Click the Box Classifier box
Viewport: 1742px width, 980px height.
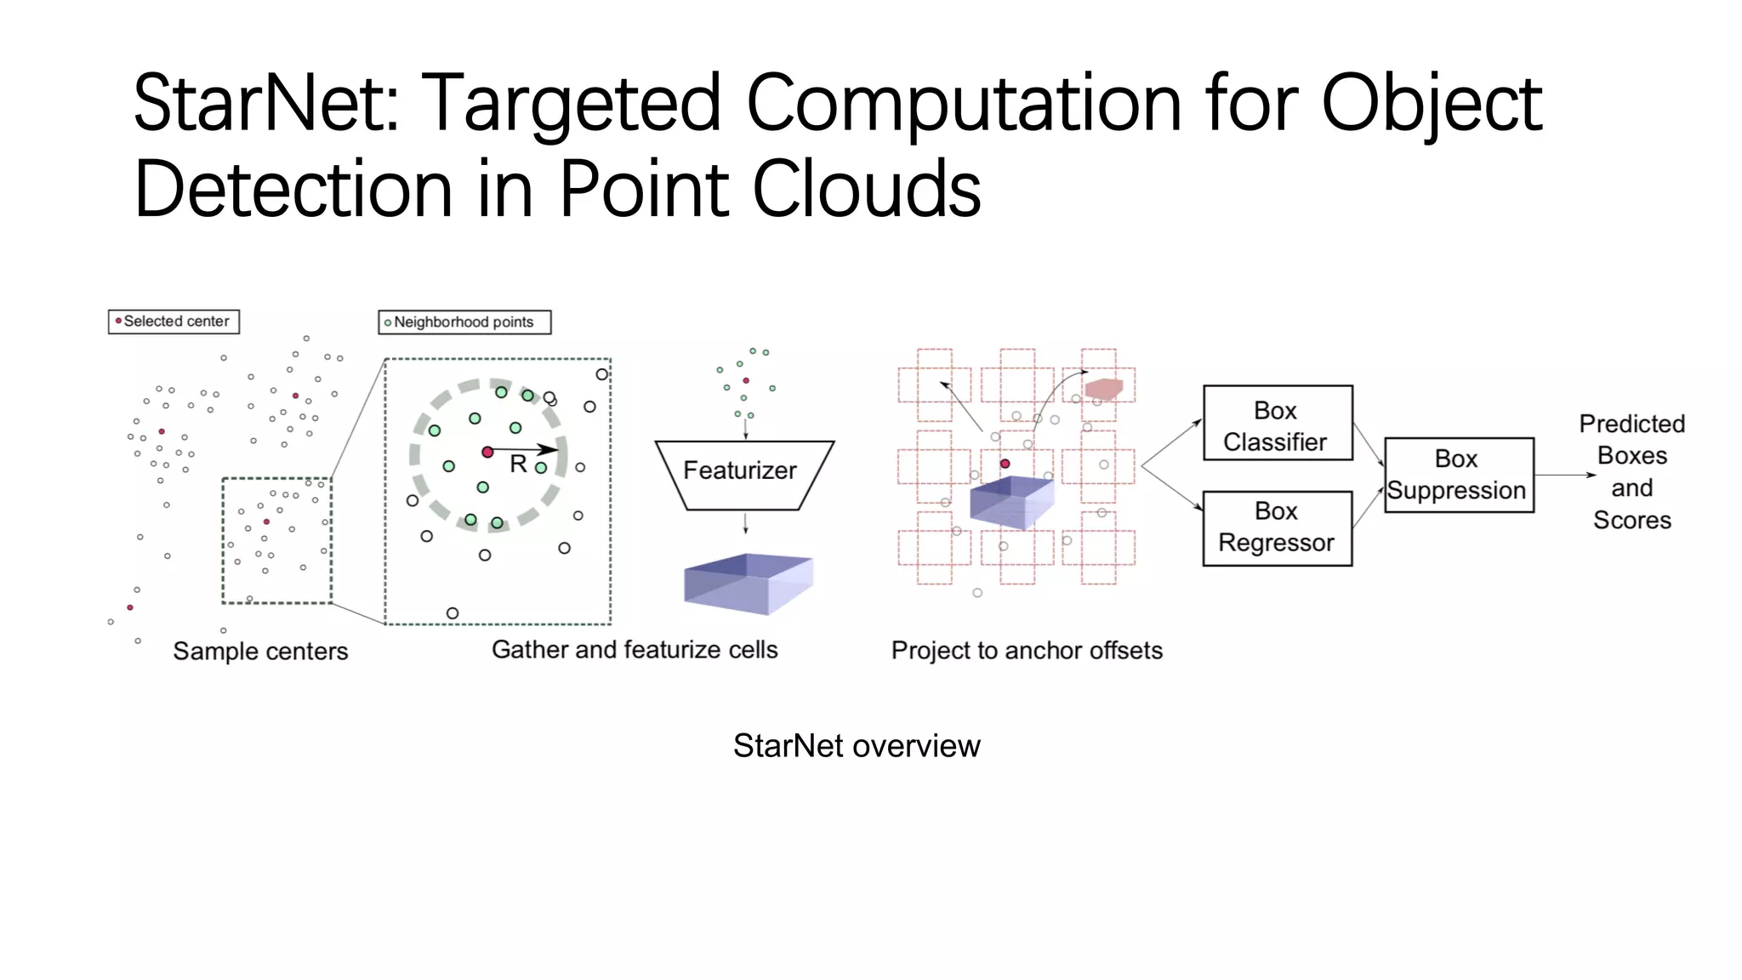(x=1277, y=424)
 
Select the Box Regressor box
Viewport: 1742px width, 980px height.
(x=1277, y=528)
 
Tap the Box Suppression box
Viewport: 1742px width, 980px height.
(x=1458, y=475)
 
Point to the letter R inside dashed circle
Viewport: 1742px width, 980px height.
(x=518, y=464)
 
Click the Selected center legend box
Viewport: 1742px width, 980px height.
(x=174, y=322)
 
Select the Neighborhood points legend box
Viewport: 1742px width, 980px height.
(x=464, y=322)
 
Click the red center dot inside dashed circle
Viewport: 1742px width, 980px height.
(x=487, y=452)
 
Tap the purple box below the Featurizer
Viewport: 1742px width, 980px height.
(x=748, y=583)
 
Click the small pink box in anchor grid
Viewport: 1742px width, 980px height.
(x=1104, y=390)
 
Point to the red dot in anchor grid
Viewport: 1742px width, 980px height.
(x=1005, y=464)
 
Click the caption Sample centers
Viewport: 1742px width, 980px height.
(x=260, y=652)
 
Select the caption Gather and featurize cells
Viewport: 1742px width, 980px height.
(x=635, y=650)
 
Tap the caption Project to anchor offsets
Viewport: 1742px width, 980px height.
(x=1027, y=651)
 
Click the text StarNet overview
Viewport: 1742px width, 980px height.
(x=857, y=746)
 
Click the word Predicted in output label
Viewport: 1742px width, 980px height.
(x=1631, y=424)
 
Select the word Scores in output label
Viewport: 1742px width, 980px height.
(x=1631, y=520)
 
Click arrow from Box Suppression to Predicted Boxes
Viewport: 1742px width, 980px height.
(x=1565, y=475)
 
